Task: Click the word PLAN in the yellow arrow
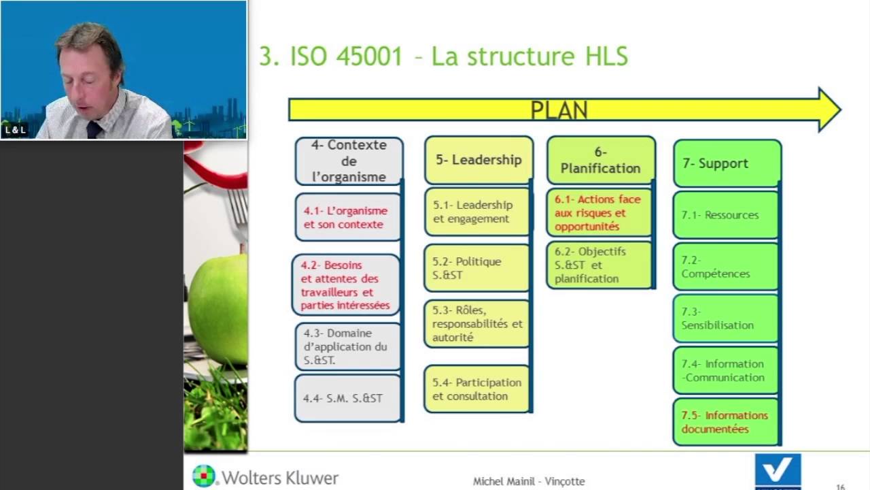[559, 110]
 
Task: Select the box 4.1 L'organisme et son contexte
[347, 218]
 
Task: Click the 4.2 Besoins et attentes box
[346, 285]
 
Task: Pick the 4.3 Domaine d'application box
[347, 346]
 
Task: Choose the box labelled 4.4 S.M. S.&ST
[347, 398]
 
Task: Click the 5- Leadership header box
[478, 160]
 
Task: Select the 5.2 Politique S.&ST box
[476, 268]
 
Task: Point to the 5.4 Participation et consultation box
[476, 389]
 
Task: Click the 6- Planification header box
[600, 161]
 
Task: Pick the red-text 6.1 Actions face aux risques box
[599, 213]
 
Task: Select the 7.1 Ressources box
[725, 215]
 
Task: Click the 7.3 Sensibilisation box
[725, 318]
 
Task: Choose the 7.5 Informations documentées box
[725, 422]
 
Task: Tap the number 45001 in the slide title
[369, 56]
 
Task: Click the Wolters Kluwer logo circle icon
[203, 476]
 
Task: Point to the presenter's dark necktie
[94, 129]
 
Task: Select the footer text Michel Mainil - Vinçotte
[529, 481]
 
